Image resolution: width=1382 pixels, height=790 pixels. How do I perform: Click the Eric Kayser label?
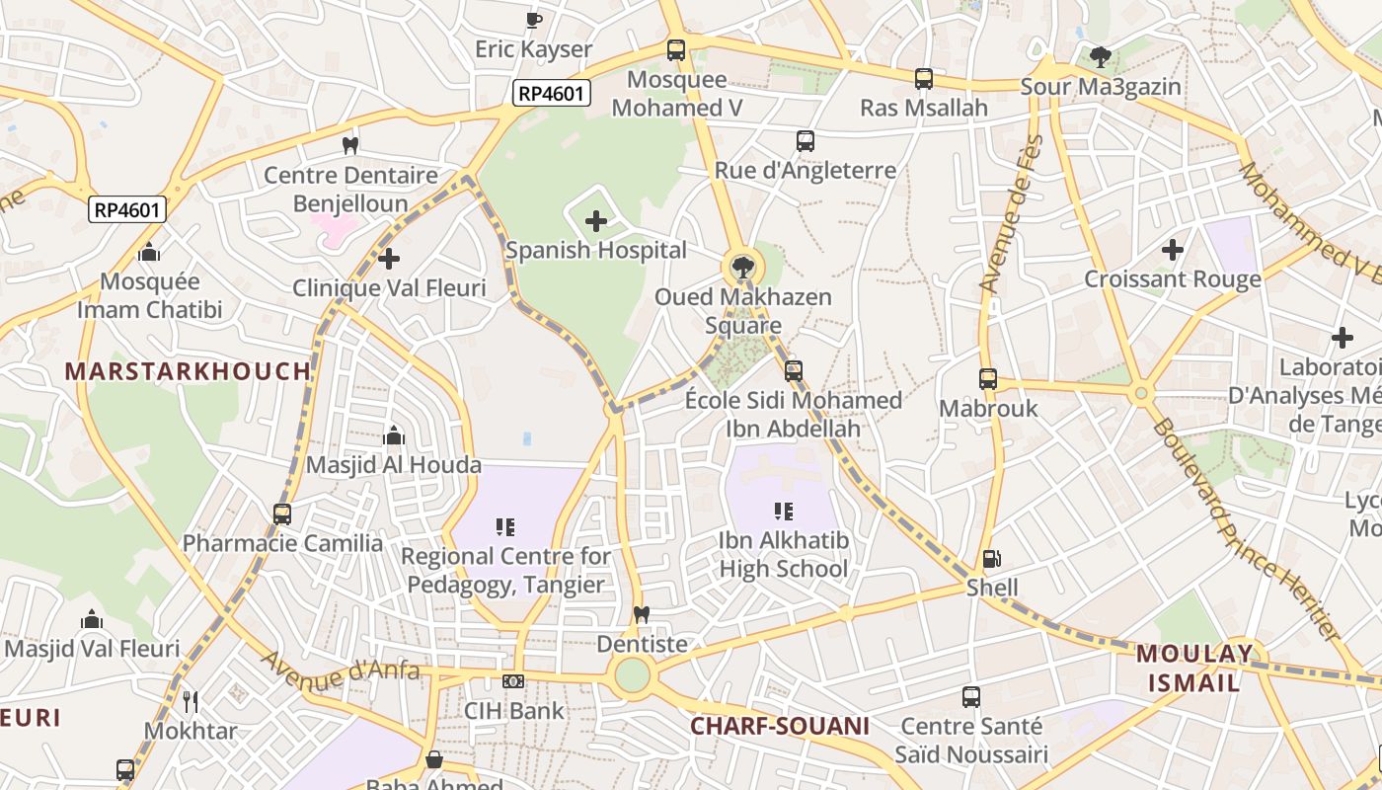(x=533, y=49)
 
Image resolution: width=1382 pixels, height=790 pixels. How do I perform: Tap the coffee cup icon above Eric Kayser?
(x=533, y=20)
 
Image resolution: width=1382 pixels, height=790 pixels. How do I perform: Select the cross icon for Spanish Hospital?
(x=596, y=221)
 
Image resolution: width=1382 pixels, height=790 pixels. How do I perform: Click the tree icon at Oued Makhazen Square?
(x=743, y=266)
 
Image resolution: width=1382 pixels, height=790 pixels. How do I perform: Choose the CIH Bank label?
(x=514, y=710)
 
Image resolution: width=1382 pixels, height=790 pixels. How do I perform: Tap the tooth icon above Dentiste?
(x=642, y=614)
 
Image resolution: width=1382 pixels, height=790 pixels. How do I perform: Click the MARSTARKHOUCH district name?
(x=188, y=371)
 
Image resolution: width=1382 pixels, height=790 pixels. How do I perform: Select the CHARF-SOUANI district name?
(x=780, y=727)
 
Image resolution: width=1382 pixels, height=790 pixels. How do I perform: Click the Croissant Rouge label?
(x=1173, y=279)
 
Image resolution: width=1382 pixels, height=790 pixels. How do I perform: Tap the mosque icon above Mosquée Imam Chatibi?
(x=149, y=253)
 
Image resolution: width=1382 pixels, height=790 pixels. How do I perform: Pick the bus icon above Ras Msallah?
(x=924, y=79)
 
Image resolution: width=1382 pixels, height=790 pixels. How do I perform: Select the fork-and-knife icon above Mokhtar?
(x=191, y=702)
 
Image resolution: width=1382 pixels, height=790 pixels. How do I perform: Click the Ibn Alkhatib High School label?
(x=784, y=555)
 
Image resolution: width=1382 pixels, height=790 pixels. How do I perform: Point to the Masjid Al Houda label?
(x=394, y=464)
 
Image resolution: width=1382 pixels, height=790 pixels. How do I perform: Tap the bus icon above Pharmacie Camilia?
(x=282, y=514)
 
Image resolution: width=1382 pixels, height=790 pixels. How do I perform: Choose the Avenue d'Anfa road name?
(x=341, y=671)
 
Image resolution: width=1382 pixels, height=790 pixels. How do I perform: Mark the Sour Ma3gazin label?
(x=1101, y=87)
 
